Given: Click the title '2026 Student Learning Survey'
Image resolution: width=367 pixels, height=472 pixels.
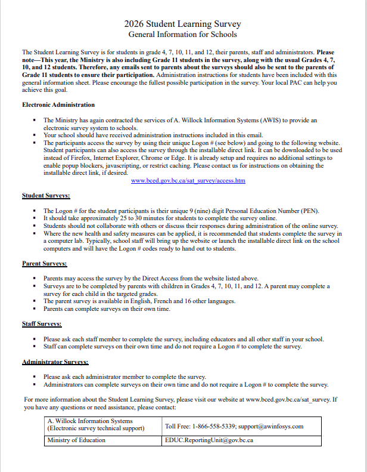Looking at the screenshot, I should click(182, 24).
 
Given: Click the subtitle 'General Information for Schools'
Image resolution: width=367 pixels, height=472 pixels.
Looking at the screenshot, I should click(182, 35).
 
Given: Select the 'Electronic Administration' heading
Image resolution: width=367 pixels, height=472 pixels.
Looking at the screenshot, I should click(58, 104).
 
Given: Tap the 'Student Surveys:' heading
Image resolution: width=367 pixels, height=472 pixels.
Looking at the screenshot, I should click(46, 195).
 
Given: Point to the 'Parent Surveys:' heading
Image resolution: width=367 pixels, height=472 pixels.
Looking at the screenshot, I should click(45, 263).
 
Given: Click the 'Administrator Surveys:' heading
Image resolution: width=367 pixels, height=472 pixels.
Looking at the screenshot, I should click(55, 362).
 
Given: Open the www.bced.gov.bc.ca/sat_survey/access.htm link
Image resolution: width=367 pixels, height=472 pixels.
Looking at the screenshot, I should click(188, 180).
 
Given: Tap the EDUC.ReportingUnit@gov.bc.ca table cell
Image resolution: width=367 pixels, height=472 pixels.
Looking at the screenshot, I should click(209, 440).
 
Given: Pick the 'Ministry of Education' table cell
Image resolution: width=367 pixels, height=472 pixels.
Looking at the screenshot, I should click(76, 440).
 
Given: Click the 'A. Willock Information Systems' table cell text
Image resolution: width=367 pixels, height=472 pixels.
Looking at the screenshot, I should click(89, 420).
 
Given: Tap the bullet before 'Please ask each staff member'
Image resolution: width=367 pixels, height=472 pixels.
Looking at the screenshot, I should click(35, 340).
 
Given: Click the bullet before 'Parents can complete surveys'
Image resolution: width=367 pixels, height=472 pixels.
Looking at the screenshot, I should click(35, 309).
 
